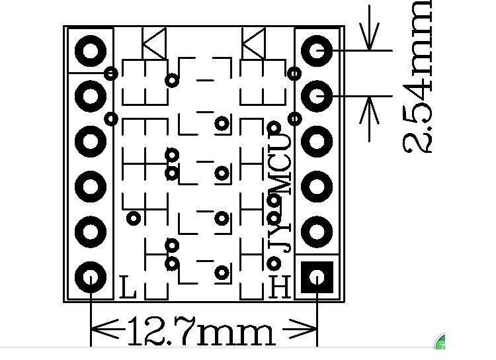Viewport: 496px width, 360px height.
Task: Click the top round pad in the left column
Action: [90, 50]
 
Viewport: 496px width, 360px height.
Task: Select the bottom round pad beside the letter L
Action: [90, 277]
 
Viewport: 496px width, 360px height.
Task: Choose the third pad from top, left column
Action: [90, 141]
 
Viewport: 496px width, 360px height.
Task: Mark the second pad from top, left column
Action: [90, 96]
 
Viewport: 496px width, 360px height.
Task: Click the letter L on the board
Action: [129, 287]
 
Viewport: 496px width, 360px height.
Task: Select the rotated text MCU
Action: [281, 162]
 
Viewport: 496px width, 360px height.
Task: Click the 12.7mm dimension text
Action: [198, 331]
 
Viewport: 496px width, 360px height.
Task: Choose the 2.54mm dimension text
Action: [418, 76]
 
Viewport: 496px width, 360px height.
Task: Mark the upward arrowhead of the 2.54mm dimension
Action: [369, 109]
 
